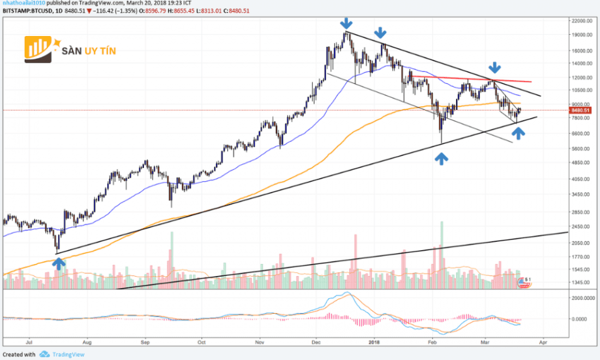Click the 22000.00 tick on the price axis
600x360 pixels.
click(x=580, y=21)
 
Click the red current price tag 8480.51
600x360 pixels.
click(x=580, y=111)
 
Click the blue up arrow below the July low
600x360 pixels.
click(x=59, y=263)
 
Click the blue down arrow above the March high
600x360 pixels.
click(x=495, y=67)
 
